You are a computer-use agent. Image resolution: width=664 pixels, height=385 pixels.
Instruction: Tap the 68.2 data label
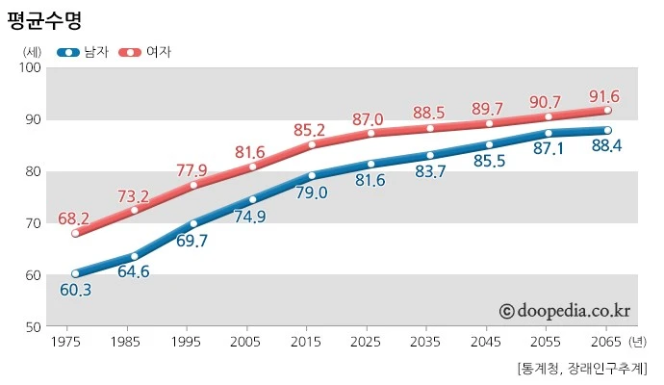(x=74, y=218)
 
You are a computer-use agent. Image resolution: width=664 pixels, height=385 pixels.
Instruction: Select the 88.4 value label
(x=604, y=146)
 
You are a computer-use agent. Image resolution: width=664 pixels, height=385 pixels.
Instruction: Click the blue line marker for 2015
(x=312, y=176)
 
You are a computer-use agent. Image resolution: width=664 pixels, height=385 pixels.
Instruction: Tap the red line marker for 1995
(x=193, y=185)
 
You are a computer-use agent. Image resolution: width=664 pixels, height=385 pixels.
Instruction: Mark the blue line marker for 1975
(x=75, y=273)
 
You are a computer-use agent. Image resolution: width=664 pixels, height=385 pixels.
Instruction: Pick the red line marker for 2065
(x=607, y=111)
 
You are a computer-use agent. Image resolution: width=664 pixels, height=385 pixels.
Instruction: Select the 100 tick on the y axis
(x=28, y=67)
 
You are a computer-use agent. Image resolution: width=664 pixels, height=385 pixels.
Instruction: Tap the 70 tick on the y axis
(x=32, y=223)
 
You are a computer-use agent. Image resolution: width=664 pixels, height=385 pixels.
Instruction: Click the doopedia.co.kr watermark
(x=564, y=310)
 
